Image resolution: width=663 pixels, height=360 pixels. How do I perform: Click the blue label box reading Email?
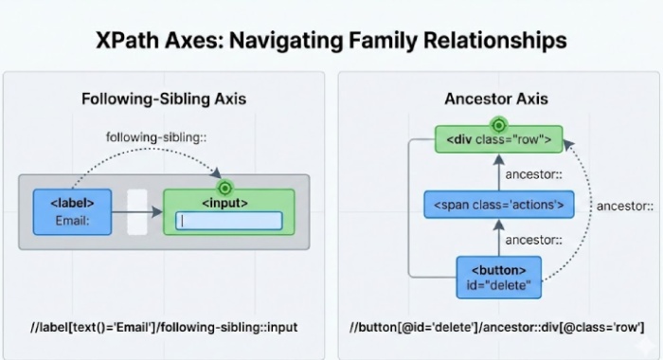pyautogui.click(x=71, y=212)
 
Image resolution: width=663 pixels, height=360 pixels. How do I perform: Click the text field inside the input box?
pyautogui.click(x=228, y=221)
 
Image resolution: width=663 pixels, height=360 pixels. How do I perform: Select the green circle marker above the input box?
pyautogui.click(x=225, y=188)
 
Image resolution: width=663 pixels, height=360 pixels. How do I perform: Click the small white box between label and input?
pyautogui.click(x=137, y=212)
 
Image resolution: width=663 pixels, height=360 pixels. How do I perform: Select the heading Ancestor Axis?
pyautogui.click(x=495, y=99)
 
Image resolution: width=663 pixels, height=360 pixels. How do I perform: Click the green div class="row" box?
pyautogui.click(x=498, y=140)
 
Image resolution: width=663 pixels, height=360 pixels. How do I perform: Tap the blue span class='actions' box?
pyautogui.click(x=498, y=204)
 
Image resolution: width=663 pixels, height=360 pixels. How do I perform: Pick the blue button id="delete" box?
pyautogui.click(x=498, y=277)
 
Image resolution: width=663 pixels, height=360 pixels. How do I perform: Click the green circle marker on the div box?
pyautogui.click(x=498, y=125)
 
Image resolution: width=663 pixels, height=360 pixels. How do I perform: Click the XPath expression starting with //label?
pyautogui.click(x=164, y=327)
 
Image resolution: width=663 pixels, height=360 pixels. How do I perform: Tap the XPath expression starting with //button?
pyautogui.click(x=496, y=327)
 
